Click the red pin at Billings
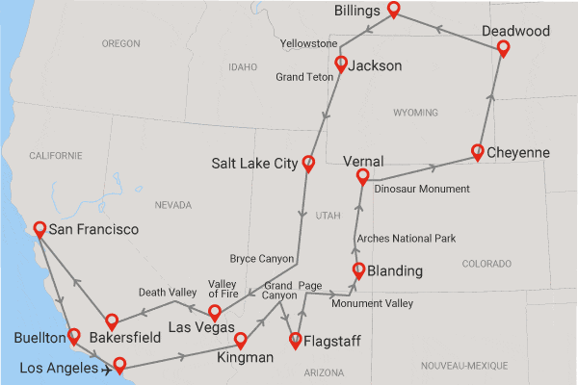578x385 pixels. pos(394,10)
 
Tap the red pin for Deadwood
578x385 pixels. pos(502,48)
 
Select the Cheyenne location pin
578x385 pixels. pos(478,151)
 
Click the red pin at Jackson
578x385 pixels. pos(340,64)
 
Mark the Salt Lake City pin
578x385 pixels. pos(309,163)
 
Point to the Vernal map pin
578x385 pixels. pos(363,176)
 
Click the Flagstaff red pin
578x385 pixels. pos(297,339)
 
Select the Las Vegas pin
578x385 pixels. pos(215,312)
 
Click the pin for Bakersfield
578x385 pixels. pos(112,321)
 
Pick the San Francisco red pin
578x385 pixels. pos(39,229)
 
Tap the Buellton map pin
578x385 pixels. pos(73,337)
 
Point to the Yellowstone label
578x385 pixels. pos(308,44)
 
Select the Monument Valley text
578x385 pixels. pos(372,304)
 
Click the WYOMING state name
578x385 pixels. pos(415,113)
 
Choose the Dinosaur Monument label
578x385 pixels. pos(422,189)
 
